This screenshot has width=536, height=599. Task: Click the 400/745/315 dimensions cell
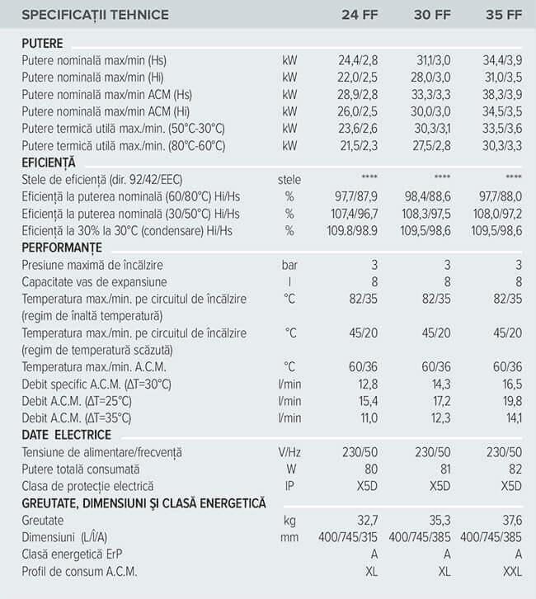point(353,537)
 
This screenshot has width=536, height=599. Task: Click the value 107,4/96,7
point(355,214)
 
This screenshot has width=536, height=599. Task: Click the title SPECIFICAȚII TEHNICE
point(95,15)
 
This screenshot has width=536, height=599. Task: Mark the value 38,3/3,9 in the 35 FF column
point(503,94)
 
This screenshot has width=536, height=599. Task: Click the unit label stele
point(289,180)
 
